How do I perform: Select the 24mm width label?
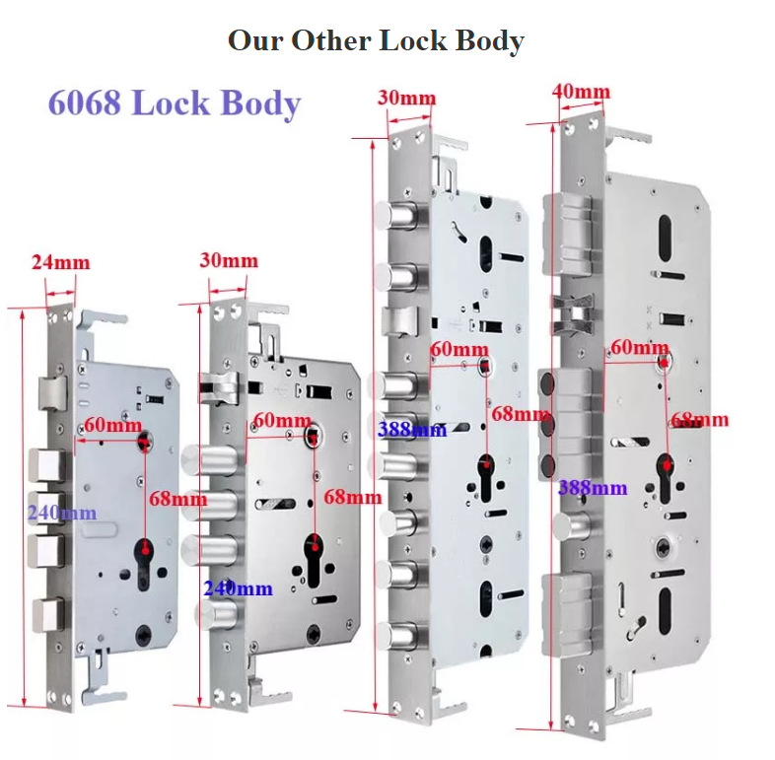pos(60,262)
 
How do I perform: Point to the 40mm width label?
pos(582,93)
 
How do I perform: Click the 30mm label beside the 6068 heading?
pos(406,99)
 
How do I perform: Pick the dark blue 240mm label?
pos(238,588)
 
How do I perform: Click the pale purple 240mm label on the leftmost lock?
pos(62,513)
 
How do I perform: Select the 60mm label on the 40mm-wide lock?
pos(638,347)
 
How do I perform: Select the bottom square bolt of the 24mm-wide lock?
pos(44,614)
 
